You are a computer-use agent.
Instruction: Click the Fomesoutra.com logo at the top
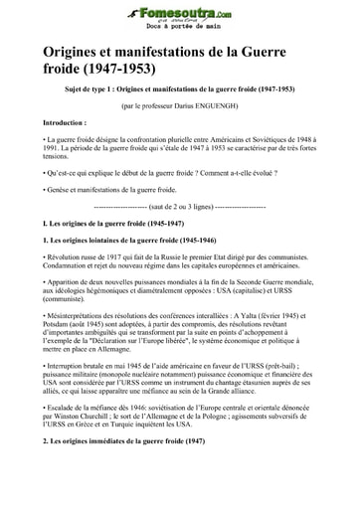pyautogui.click(x=179, y=12)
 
